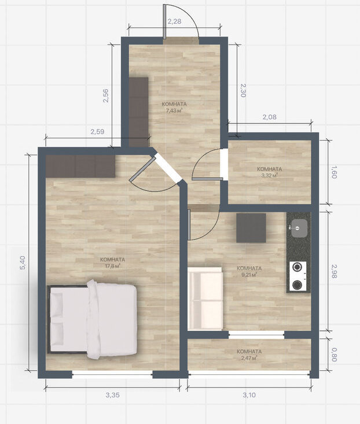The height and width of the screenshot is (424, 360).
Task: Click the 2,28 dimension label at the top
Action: (x=174, y=21)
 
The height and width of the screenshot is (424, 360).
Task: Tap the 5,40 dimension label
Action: (x=23, y=263)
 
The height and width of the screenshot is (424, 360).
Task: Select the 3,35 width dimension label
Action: (x=112, y=395)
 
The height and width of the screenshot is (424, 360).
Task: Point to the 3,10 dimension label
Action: (x=249, y=395)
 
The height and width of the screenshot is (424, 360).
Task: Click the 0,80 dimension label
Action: (x=334, y=355)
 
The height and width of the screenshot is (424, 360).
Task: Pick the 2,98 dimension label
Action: (x=334, y=271)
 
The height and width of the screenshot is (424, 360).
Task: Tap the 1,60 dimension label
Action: (x=334, y=172)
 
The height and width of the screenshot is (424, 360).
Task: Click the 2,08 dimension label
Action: (x=269, y=117)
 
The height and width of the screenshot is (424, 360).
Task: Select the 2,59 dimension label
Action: (x=97, y=132)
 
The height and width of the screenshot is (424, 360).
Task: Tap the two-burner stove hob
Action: (x=297, y=276)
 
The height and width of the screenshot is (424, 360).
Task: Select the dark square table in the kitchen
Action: (x=251, y=228)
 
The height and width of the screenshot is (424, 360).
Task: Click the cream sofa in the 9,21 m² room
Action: (x=205, y=298)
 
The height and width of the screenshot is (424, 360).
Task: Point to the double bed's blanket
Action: (x=112, y=319)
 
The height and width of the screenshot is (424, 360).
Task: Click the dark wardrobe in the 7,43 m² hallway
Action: (x=138, y=112)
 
